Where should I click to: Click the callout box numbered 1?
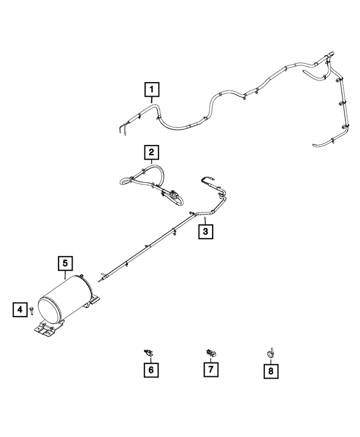click(152, 89)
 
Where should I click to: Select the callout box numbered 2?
click(151, 152)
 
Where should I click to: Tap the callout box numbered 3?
click(206, 231)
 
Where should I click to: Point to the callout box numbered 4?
click(20, 309)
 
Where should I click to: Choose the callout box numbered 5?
click(65, 264)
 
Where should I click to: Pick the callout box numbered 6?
click(151, 370)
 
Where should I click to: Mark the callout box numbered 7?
click(210, 370)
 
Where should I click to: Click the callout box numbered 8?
click(271, 371)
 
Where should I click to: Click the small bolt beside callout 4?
click(31, 310)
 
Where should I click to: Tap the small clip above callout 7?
click(210, 353)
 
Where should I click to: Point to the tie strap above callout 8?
click(271, 353)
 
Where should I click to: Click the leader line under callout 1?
click(152, 100)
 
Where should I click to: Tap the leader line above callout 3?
click(205, 220)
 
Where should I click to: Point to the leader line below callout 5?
click(65, 275)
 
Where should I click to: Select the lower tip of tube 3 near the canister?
click(98, 281)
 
